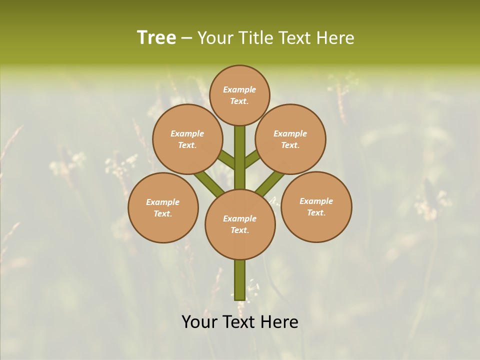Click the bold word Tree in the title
coord(156,37)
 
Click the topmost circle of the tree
coord(239,95)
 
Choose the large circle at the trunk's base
coord(240,224)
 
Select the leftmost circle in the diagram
coord(163,207)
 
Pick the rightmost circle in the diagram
coord(316,206)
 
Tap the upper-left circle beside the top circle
coord(187,139)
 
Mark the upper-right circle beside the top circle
coord(290,139)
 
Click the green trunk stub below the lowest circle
coord(240,280)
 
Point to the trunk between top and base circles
coord(240,157)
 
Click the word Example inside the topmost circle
coord(239,89)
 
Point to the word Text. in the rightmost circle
coord(316,212)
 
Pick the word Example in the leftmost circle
coord(162,202)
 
